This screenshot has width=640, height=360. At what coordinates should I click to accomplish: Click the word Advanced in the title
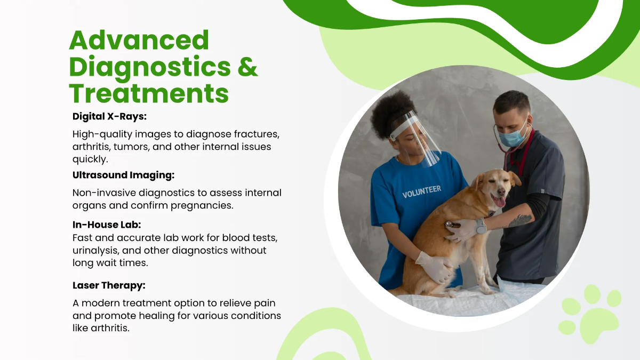139,41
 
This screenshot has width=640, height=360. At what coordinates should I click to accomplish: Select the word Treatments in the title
149,93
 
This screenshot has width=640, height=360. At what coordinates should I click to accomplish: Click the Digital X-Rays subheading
109,116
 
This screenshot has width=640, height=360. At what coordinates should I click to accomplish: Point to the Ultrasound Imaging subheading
123,175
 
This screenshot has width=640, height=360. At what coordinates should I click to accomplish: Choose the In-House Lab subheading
107,225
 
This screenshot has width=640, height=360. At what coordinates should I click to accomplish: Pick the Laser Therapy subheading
109,285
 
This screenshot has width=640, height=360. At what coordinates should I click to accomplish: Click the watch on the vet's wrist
481,226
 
